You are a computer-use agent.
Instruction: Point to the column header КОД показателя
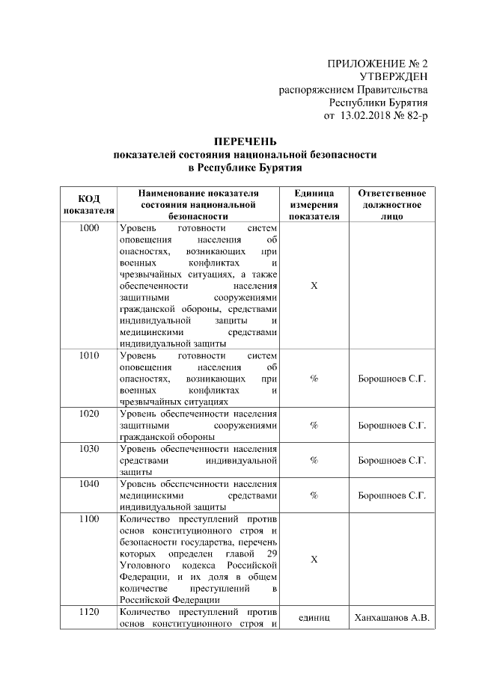[x=88, y=203]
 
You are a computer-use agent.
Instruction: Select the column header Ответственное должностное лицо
[x=392, y=203]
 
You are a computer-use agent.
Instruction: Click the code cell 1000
[x=88, y=228]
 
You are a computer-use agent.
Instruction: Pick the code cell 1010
[x=88, y=355]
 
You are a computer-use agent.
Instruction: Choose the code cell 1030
[x=88, y=449]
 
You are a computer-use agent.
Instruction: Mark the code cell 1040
[x=88, y=484]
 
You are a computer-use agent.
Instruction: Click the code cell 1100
[x=88, y=519]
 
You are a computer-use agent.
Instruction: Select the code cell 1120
[x=88, y=612]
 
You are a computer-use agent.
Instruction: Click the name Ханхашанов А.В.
[x=392, y=618]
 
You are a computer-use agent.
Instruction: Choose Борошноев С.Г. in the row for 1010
[x=392, y=379]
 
